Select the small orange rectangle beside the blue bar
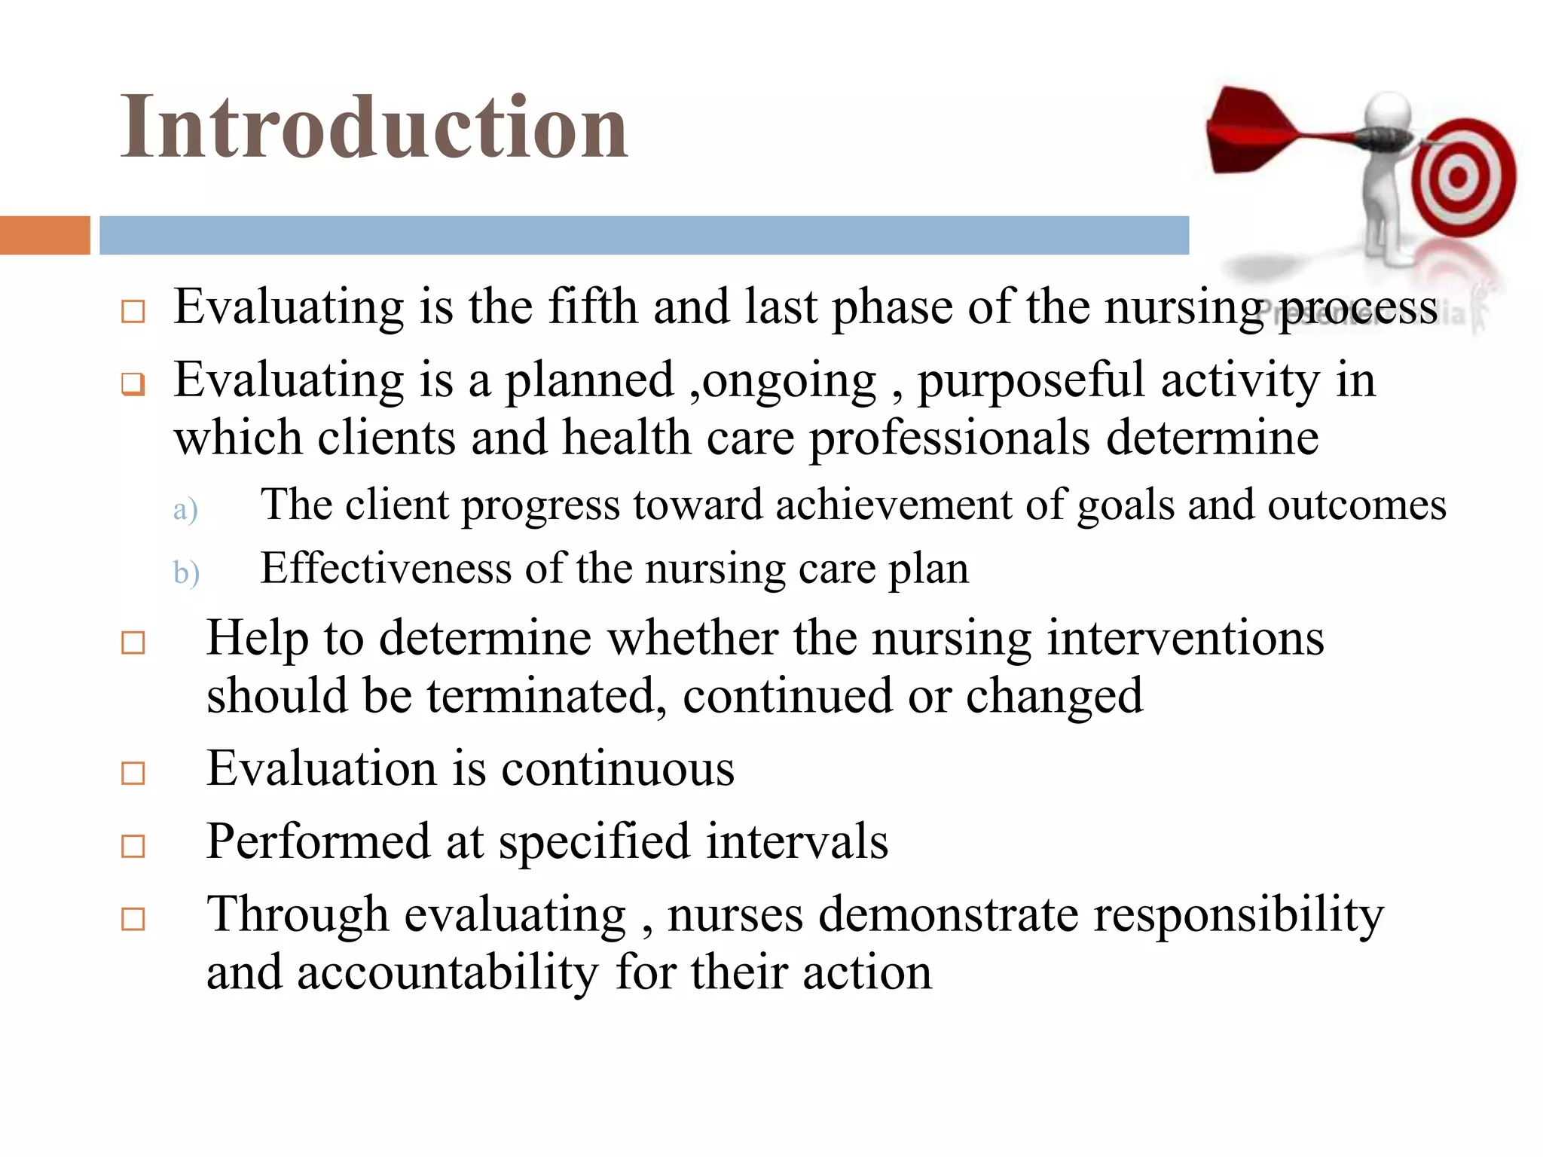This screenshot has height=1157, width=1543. (x=44, y=235)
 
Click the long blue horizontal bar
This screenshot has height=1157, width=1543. (x=644, y=235)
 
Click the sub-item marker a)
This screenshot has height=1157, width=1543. (x=185, y=510)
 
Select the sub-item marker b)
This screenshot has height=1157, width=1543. (x=186, y=573)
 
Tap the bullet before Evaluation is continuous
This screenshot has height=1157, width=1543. (x=133, y=774)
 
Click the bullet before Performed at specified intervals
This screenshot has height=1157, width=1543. (x=133, y=847)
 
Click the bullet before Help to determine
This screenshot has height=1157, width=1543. (x=133, y=643)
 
